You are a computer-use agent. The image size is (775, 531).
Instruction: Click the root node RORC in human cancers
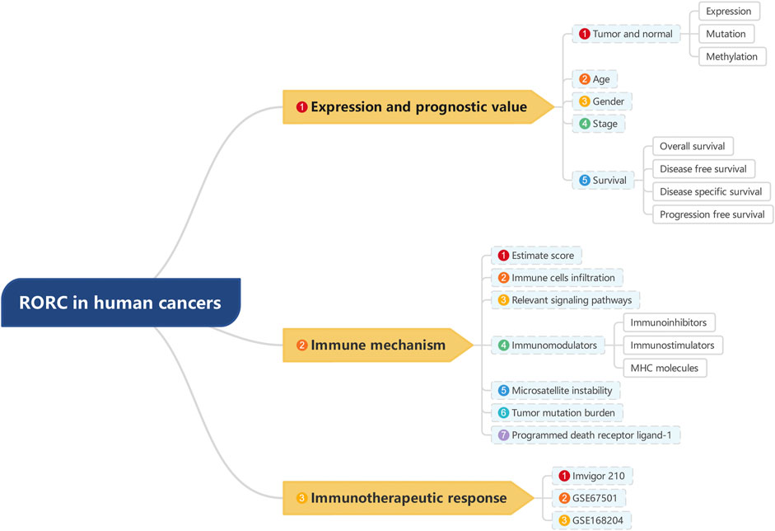120,303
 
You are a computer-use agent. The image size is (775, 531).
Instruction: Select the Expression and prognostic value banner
418,107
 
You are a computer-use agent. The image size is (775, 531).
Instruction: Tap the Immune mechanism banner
377,345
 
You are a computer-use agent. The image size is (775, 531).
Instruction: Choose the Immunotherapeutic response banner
409,498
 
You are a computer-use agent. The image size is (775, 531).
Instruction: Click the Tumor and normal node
626,34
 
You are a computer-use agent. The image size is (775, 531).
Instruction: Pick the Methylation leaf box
732,56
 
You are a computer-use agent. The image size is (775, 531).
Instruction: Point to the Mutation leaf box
726,34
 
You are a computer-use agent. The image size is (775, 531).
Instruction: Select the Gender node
601,101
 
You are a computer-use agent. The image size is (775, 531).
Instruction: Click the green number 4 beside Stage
585,124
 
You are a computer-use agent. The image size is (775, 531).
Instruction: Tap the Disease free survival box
703,169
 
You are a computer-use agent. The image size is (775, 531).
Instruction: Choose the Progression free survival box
712,214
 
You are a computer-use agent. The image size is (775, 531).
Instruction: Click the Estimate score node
536,256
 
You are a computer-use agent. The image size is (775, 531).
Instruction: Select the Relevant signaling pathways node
565,300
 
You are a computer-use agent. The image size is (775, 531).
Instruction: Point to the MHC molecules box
665,368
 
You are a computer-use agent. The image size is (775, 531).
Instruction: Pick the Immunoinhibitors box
670,322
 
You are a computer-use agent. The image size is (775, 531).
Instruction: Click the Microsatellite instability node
556,391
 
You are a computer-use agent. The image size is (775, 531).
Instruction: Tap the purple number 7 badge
504,435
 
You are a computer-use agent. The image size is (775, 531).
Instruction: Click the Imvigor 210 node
592,476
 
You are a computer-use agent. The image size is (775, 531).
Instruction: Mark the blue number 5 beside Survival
585,180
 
